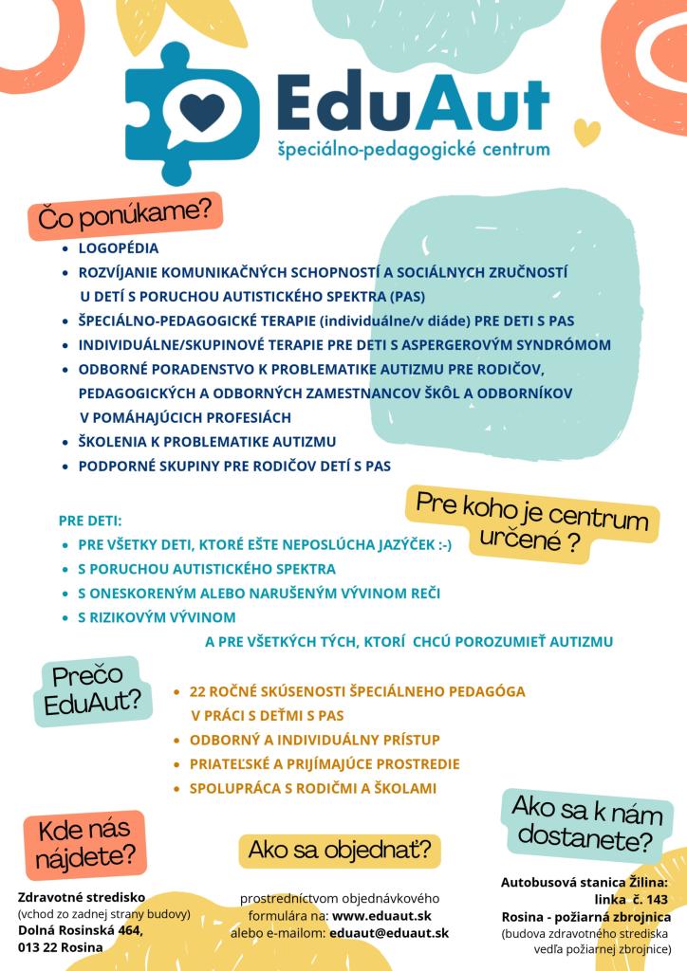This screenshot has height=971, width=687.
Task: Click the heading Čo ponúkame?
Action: point(124,216)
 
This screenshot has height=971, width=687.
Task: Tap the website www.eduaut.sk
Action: point(382,915)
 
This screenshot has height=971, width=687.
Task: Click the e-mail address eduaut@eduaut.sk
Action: point(388,933)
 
